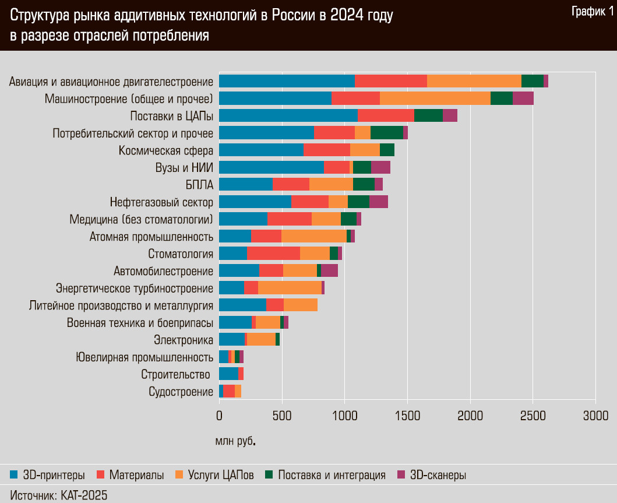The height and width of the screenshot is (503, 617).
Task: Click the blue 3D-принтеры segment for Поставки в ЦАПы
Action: coord(288,115)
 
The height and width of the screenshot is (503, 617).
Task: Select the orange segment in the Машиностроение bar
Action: coord(435,99)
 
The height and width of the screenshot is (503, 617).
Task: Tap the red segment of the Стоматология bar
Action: coord(273,253)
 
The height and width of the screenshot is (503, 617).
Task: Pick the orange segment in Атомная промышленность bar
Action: coord(313,236)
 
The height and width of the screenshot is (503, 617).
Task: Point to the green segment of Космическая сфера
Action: coord(387,150)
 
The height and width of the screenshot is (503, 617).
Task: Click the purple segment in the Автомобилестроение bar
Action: coord(329,270)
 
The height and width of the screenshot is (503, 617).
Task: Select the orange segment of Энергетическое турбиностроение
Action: coord(290,287)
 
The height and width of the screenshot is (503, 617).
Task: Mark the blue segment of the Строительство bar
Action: coord(228,374)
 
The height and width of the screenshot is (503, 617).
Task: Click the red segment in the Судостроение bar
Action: coord(229,391)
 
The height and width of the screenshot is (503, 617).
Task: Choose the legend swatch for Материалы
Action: coord(100,474)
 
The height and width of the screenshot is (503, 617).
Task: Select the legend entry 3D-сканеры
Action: coord(438,475)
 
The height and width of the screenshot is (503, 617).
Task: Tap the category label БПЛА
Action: coord(199,184)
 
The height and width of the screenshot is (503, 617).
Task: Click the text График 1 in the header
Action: coord(591,12)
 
